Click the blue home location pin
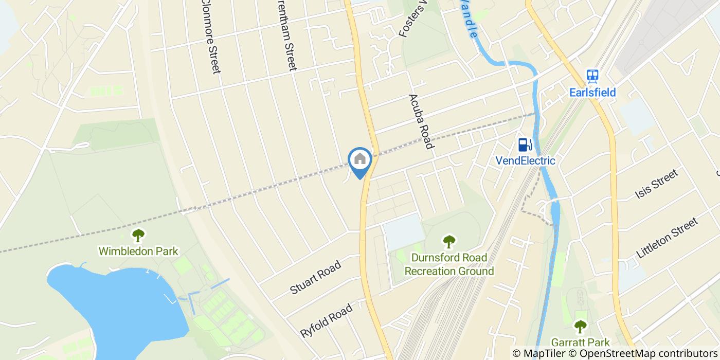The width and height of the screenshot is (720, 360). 360,161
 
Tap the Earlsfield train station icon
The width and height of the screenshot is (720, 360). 592,77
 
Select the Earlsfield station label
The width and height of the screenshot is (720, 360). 592,93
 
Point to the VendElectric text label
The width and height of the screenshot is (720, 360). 525,160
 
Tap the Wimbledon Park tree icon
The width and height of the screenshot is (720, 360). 138,236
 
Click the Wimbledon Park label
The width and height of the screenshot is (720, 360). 138,251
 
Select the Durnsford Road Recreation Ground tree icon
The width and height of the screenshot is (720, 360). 449,241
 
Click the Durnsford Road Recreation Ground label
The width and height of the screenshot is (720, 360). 449,264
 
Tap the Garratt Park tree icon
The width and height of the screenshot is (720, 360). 580,326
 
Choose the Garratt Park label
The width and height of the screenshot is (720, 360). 580,342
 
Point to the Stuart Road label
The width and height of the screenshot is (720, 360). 315,278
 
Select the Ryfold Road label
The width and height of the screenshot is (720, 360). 327,320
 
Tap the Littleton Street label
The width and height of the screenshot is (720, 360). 667,238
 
